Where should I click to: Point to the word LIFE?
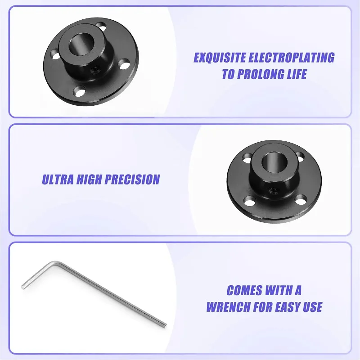coord(296,74)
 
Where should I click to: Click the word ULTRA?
coord(58,179)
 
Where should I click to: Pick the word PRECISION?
coord(132,179)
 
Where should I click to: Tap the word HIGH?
coord(89,179)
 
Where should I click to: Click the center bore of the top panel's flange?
coord(82,44)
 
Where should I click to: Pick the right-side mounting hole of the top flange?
coord(125,64)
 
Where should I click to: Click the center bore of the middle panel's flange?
coord(274,162)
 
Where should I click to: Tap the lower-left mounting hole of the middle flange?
coord(250,201)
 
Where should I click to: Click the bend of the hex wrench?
coord(55,264)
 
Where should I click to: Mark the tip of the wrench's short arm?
coord(23,287)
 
